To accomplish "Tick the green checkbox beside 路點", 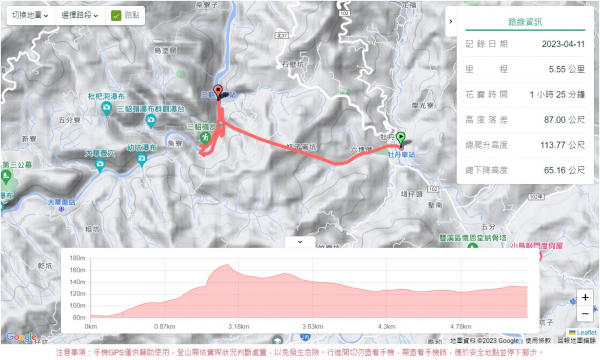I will click(116, 16).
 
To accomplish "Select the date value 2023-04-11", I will click(543, 44).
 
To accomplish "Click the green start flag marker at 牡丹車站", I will click(401, 138).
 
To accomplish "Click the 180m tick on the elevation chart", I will click(75, 257).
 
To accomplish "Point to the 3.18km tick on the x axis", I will click(238, 326).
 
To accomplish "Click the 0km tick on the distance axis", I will click(91, 326).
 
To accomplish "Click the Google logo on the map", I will click(21, 337).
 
